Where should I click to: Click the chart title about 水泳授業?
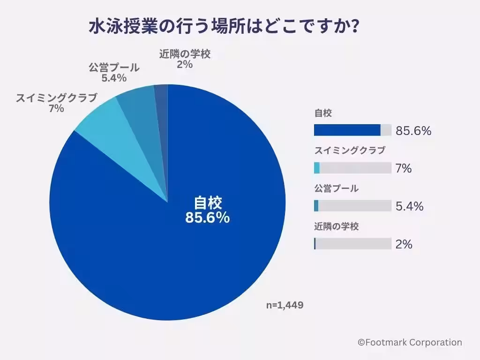coord(224,26)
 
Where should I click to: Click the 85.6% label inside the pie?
coord(207,217)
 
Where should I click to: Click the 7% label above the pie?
coord(56,109)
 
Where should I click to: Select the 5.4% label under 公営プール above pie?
coord(114,78)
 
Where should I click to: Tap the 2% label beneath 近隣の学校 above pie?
coord(184,65)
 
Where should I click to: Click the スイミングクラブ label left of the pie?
coord(56,98)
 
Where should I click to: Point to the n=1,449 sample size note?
coord(285,305)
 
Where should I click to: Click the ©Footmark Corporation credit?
coord(410,343)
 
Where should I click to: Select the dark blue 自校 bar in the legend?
coord(347,130)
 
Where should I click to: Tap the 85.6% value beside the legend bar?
coord(413,131)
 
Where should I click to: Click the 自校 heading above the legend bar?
coord(323,112)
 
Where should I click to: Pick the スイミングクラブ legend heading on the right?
coord(349,150)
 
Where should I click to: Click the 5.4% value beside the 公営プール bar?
coord(409,206)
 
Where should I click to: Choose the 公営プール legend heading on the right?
coord(336,188)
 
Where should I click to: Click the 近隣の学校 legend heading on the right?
coord(336,226)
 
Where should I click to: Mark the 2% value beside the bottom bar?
coord(404,244)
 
